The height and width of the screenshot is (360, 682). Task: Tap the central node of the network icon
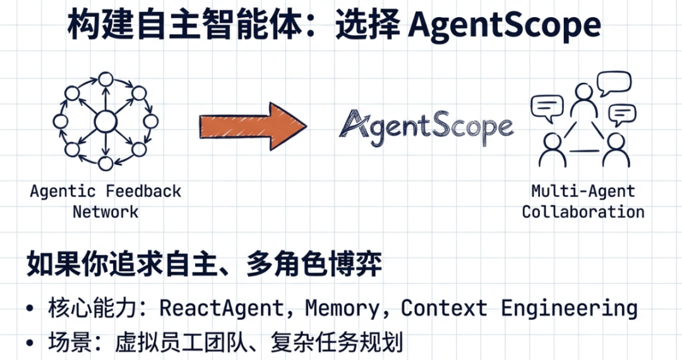click(105, 121)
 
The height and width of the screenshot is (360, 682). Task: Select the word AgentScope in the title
click(505, 25)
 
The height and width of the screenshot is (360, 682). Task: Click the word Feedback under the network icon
click(143, 191)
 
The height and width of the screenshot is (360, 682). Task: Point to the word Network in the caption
click(105, 211)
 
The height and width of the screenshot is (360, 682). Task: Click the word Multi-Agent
click(583, 191)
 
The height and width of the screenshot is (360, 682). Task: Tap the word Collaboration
click(583, 211)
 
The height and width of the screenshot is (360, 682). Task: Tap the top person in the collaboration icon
click(583, 101)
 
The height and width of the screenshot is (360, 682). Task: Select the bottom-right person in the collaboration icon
click(615, 149)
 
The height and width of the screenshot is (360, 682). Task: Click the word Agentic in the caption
click(63, 191)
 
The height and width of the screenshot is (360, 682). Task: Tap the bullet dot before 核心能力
click(30, 309)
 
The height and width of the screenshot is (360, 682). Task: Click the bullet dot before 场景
click(30, 344)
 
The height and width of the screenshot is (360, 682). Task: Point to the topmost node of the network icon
click(105, 80)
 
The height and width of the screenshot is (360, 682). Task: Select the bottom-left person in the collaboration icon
click(553, 149)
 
